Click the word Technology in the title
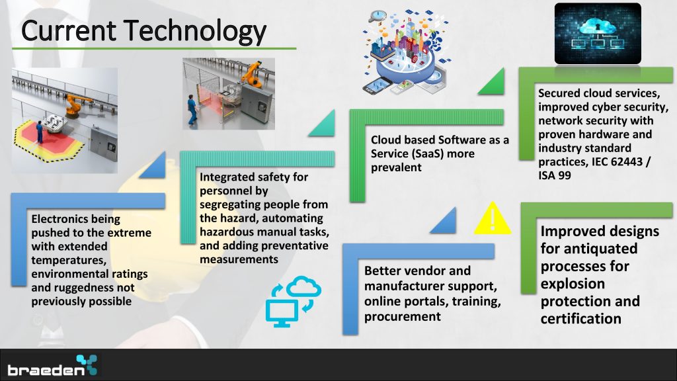(196, 32)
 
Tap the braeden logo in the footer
(52, 365)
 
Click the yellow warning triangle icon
(493, 218)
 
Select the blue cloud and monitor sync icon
(293, 301)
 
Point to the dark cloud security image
(598, 33)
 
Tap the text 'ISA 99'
(555, 175)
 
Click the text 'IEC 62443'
(614, 161)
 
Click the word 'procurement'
(403, 317)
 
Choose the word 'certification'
(580, 319)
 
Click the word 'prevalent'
(396, 167)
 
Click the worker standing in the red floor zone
(39, 132)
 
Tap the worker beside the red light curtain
(192, 109)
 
